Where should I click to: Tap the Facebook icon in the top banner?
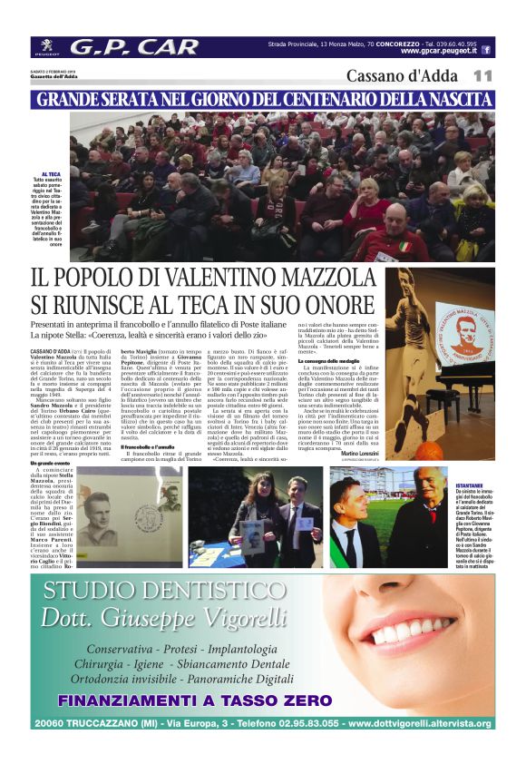pyautogui.click(x=486, y=50)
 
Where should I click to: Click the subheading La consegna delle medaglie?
pyautogui.click(x=328, y=362)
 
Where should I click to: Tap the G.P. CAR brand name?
pyautogui.click(x=134, y=47)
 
